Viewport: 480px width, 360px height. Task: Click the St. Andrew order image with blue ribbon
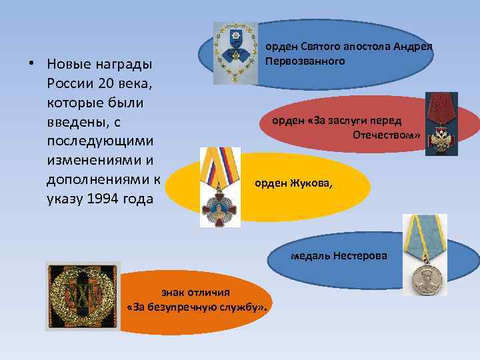[235, 53]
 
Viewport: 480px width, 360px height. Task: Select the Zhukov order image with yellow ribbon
[220, 187]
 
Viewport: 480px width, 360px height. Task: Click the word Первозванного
[305, 61]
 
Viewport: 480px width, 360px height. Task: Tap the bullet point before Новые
[31, 65]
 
